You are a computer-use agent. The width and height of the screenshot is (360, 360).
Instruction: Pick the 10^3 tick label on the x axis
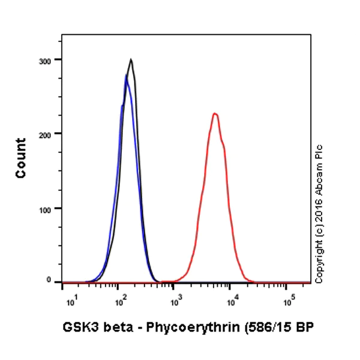point(175,299)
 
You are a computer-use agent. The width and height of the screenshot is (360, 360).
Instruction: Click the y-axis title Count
point(21,158)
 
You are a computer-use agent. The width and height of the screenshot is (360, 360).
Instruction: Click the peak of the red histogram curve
point(214,113)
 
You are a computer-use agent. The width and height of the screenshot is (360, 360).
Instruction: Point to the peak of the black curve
point(131,59)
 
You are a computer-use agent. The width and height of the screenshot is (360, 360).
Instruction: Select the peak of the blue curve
point(126,75)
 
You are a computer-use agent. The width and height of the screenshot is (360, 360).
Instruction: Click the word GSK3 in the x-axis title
point(76,328)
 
